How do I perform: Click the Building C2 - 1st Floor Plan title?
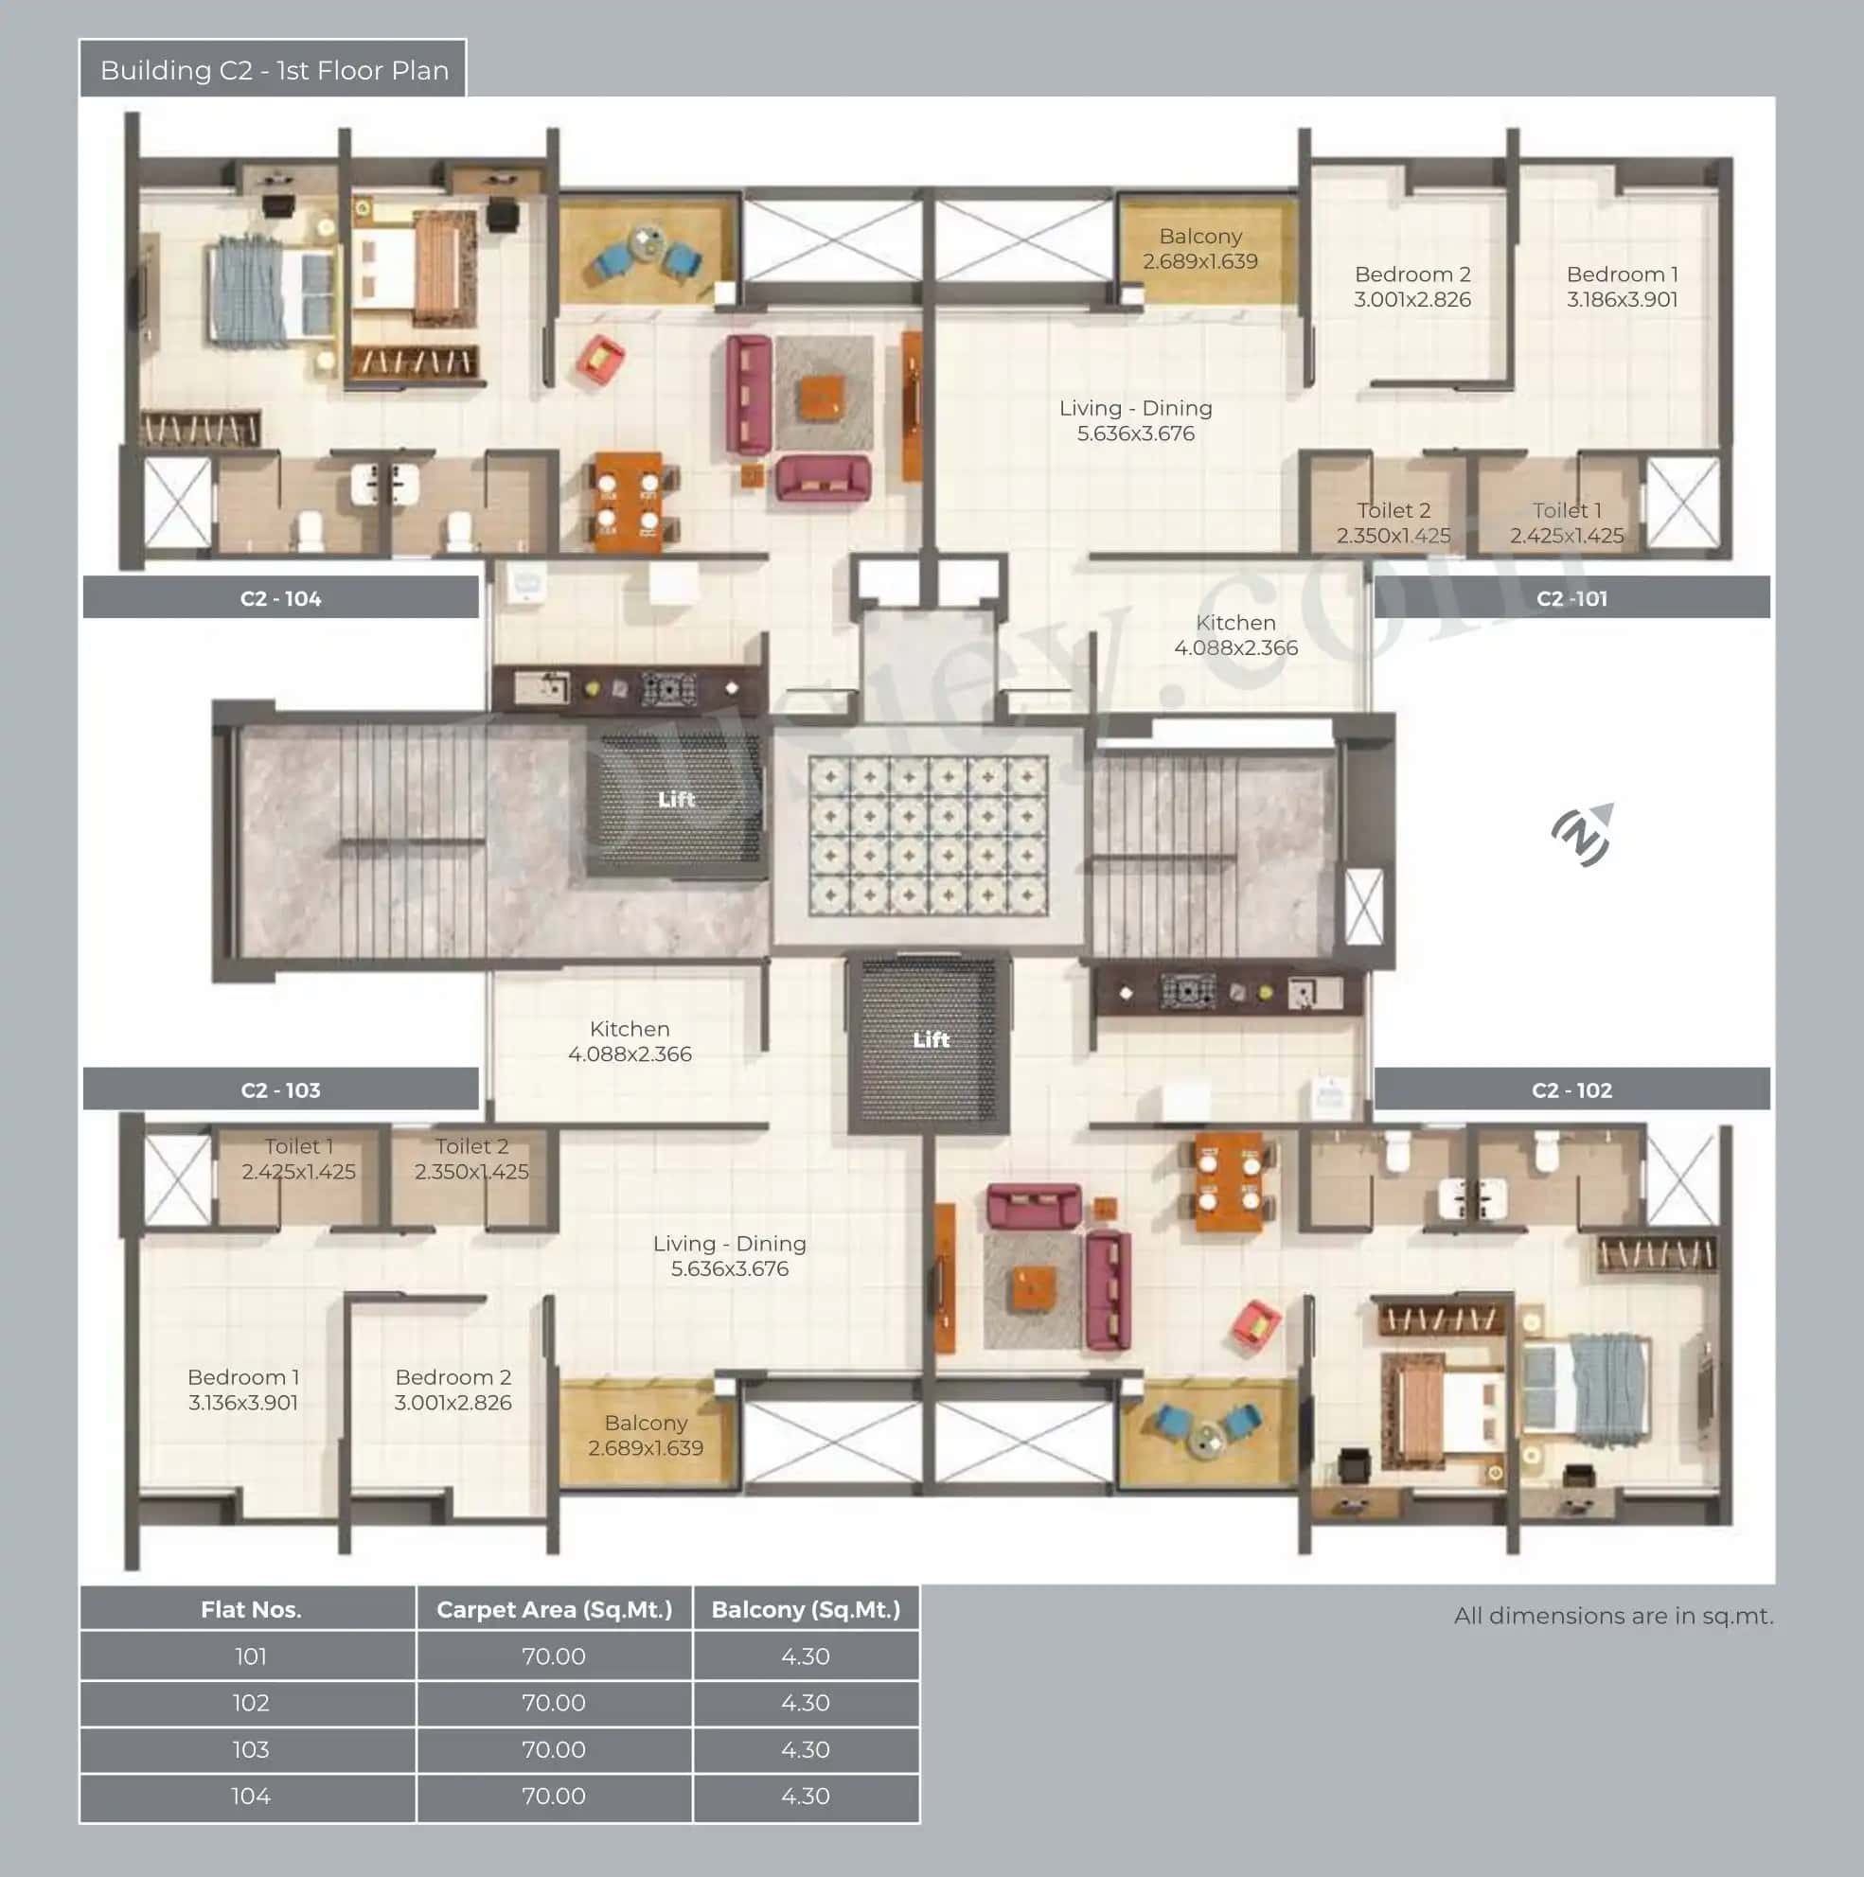[x=273, y=70]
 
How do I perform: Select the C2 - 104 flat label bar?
[x=280, y=597]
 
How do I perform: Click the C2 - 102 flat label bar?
[x=1571, y=1089]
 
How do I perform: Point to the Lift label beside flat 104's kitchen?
[x=677, y=799]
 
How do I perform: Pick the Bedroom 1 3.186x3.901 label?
[x=1621, y=287]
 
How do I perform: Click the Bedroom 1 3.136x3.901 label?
[x=243, y=1389]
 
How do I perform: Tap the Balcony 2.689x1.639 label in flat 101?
[x=1199, y=249]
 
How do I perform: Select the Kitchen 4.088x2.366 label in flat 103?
[x=630, y=1040]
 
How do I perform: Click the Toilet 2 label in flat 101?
[x=1393, y=522]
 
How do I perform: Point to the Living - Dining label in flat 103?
[x=729, y=1255]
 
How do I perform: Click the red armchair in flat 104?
[x=600, y=359]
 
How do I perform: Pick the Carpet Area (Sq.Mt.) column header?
[x=554, y=1609]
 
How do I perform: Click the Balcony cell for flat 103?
[x=805, y=1749]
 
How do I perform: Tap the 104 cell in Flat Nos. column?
[x=250, y=1796]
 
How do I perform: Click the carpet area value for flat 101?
[x=554, y=1656]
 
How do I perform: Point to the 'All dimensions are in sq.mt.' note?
[x=1612, y=1616]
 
